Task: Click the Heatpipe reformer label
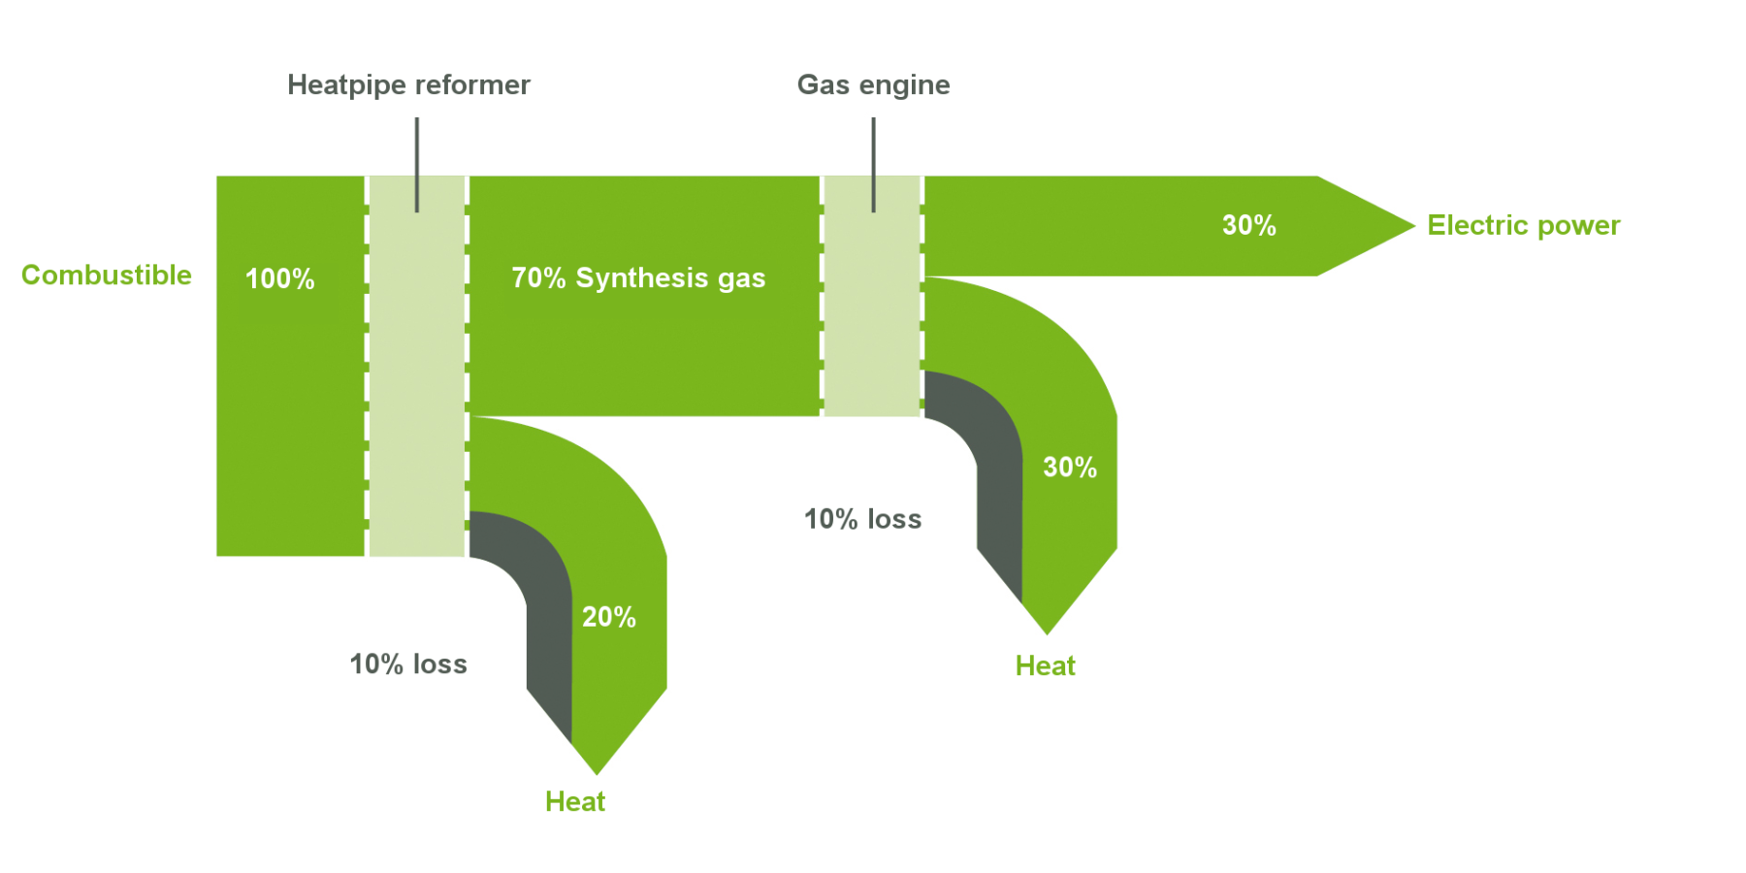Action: (x=408, y=85)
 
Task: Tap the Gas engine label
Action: (x=873, y=85)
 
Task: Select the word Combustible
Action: (x=107, y=275)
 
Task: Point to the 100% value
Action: (x=280, y=279)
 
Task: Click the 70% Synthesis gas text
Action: (x=638, y=278)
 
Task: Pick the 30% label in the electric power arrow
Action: (x=1249, y=226)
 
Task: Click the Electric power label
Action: (x=1524, y=226)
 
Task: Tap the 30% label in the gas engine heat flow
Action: (x=1070, y=468)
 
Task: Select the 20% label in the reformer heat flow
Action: (x=609, y=617)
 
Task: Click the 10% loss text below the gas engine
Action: (x=863, y=519)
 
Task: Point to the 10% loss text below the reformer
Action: (x=408, y=664)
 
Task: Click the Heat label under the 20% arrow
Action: (x=575, y=801)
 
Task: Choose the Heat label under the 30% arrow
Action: (x=1046, y=665)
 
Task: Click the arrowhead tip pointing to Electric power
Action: (x=1414, y=226)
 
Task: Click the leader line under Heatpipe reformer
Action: (x=417, y=165)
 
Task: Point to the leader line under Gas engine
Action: (x=873, y=165)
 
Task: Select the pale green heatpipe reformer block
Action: (x=417, y=366)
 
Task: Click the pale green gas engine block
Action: (x=872, y=296)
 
